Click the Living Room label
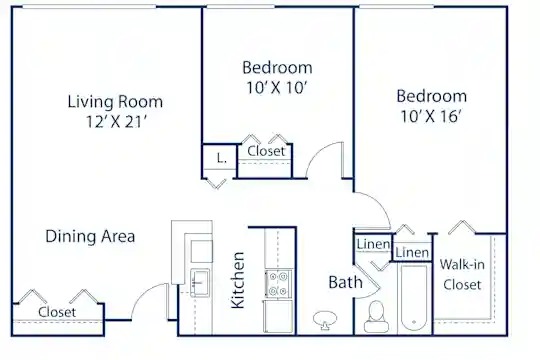point(115,102)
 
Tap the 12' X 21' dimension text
point(116,122)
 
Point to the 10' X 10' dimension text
point(277,88)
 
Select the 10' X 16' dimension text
point(430,116)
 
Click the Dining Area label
point(90,237)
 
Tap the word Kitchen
point(238,280)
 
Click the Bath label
point(345,282)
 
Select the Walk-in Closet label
point(462,275)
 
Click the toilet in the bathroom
point(376,316)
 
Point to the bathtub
point(414,299)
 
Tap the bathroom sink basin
point(325,320)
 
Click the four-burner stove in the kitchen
point(278,284)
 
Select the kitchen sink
point(200,283)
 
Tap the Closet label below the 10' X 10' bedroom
point(266,151)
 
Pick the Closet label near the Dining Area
point(57,312)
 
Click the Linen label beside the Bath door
point(373,244)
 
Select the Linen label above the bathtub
point(412,253)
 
